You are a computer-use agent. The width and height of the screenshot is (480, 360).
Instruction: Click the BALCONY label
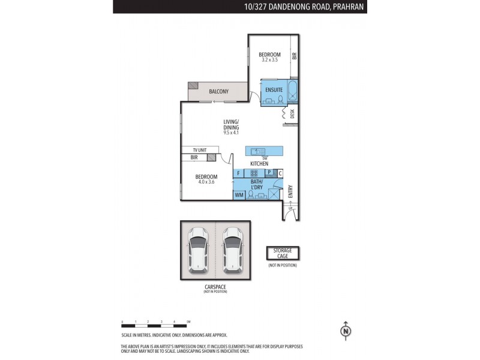coord(218,92)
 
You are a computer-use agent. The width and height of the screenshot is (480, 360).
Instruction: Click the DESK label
coord(292,113)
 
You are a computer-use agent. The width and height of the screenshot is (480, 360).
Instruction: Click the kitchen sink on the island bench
coord(256,151)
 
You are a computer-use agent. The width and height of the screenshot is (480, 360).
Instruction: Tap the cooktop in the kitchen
coord(254,173)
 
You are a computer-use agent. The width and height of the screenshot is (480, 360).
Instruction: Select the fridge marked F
coord(239,173)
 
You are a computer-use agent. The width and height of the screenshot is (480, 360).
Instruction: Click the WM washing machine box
coord(239,195)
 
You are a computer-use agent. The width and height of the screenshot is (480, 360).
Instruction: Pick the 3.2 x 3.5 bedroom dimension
coord(271,60)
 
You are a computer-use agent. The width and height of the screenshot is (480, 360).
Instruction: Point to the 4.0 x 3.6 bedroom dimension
coord(206,182)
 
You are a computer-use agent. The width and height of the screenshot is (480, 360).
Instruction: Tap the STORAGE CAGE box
coord(283,254)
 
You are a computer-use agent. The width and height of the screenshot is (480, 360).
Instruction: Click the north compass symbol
coord(345,330)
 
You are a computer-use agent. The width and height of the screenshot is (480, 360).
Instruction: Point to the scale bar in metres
coord(155,323)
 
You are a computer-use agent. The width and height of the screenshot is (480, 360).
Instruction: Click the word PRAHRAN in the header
coord(349,7)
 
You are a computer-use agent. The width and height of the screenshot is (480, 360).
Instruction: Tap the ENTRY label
coord(290,191)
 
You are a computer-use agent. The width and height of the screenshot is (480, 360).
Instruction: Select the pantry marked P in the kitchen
coord(269,173)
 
